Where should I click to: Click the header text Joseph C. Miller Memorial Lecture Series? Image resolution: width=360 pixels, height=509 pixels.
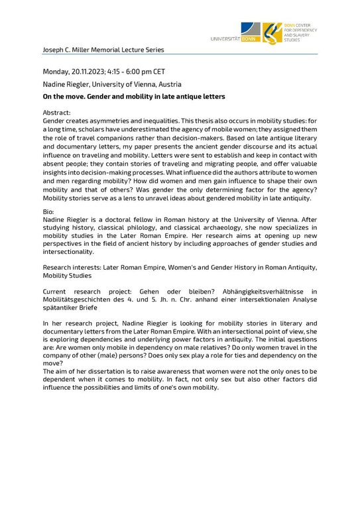(103, 50)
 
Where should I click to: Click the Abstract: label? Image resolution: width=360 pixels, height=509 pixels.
(56, 113)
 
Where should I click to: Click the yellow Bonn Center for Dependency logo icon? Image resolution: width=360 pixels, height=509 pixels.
(272, 32)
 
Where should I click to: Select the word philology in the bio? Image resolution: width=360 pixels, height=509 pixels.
(131, 226)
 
